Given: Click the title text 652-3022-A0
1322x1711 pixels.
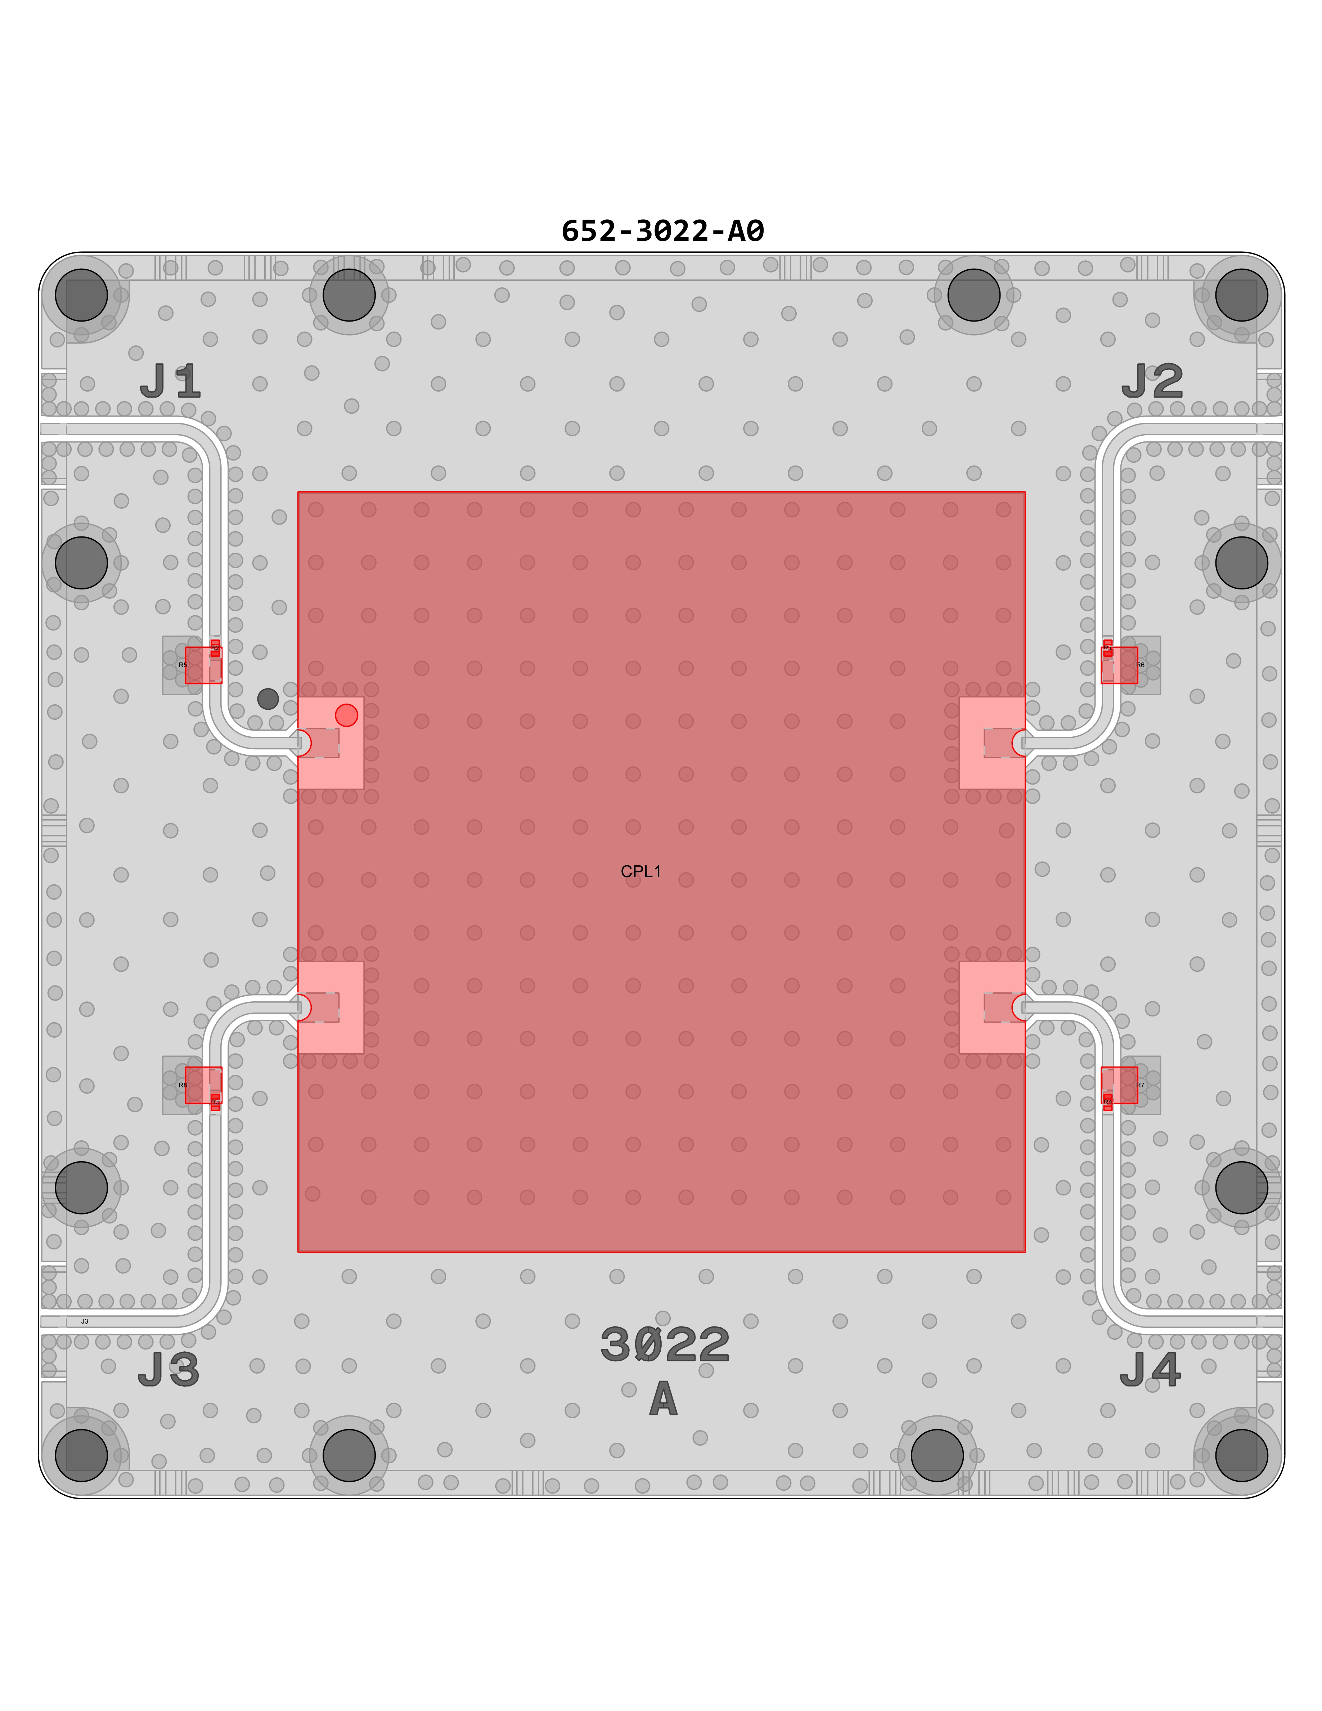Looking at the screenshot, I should point(662,231).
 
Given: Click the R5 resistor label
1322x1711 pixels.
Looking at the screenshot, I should point(183,665).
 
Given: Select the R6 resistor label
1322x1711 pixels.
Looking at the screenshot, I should point(1140,665).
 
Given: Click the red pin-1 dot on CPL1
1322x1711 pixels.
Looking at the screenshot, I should point(346,715).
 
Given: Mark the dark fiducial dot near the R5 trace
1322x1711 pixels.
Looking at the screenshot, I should point(268,699).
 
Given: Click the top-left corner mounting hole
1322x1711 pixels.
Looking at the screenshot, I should point(81,295).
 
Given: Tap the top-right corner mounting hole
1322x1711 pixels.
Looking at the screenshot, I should point(1241,295).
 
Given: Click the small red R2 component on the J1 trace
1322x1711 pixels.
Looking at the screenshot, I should point(215,648).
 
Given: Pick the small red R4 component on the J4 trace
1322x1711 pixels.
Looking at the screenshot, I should point(1107,1102).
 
